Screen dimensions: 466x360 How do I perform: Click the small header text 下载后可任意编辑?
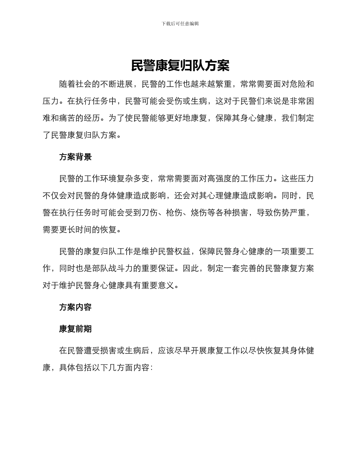pos(180,23)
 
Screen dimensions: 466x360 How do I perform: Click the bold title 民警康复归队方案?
pos(180,66)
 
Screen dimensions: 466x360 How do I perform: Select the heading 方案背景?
pos(75,157)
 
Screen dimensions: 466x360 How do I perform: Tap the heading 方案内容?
pos(75,307)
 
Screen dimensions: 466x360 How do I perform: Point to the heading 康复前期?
pos(75,329)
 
